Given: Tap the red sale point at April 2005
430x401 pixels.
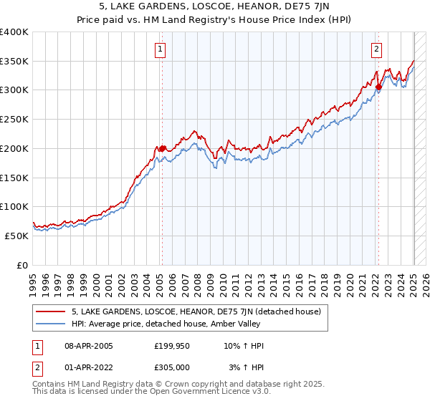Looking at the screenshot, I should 162,148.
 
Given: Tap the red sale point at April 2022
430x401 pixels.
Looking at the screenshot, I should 378,87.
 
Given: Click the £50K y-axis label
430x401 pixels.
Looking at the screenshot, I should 17,236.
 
